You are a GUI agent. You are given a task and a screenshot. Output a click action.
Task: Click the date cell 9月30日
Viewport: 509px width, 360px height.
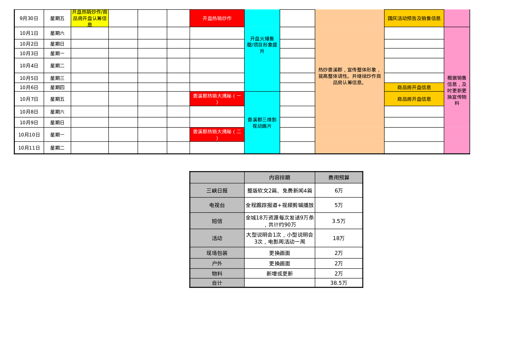click(x=29, y=18)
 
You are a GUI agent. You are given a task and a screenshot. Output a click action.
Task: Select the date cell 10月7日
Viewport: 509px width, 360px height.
click(x=29, y=99)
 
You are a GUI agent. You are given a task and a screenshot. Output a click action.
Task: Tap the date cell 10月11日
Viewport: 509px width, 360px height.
click(x=29, y=148)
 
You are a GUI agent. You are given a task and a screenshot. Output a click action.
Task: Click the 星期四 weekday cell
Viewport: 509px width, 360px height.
click(x=57, y=87)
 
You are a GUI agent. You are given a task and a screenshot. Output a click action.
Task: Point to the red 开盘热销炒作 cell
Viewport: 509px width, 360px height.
click(x=217, y=18)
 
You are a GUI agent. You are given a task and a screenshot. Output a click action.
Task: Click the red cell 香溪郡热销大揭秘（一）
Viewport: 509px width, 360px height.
click(x=217, y=99)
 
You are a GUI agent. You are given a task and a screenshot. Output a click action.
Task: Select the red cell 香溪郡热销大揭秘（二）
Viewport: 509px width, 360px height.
click(x=217, y=135)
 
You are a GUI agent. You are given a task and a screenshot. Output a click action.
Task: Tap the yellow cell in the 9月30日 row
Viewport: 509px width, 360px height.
click(x=90, y=18)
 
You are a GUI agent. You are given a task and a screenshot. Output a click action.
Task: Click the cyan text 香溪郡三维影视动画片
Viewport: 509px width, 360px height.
click(x=262, y=123)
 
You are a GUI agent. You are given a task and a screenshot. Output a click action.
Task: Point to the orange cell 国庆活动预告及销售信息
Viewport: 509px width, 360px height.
click(x=414, y=18)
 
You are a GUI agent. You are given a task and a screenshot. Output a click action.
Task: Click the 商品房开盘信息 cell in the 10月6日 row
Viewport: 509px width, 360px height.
click(x=414, y=87)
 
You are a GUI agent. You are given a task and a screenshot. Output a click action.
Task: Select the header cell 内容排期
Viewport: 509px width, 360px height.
click(x=279, y=177)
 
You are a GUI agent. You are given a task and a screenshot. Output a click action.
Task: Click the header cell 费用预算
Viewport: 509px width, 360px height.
click(x=339, y=177)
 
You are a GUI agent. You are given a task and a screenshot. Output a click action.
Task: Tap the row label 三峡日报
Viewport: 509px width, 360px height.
click(x=217, y=190)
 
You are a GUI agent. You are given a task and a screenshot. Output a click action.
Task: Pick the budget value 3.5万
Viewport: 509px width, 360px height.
click(x=339, y=221)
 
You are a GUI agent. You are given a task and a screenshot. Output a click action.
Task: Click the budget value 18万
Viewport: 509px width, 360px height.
click(x=339, y=238)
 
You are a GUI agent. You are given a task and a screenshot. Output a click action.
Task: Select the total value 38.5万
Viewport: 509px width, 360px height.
click(x=339, y=283)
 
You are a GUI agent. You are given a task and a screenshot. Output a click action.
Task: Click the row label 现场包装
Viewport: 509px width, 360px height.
click(x=217, y=253)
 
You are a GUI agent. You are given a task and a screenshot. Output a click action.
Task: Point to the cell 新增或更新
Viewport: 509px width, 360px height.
click(x=279, y=273)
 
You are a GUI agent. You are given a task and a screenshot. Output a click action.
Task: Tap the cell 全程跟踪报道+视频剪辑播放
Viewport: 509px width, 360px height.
click(x=279, y=205)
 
